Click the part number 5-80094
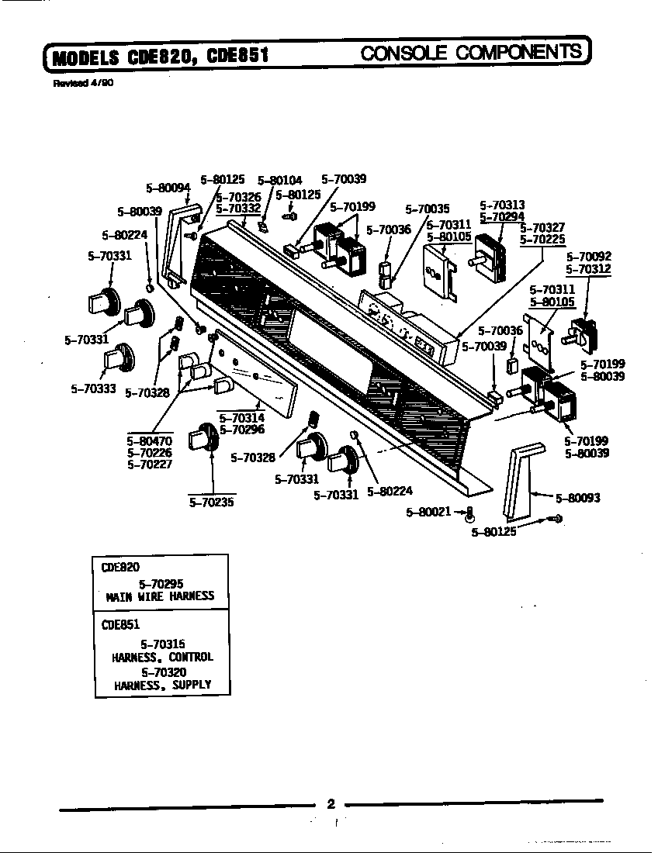(168, 187)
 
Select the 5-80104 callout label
(279, 180)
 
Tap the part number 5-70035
(427, 209)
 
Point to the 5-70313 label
(502, 205)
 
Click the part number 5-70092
(588, 257)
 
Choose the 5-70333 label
(93, 389)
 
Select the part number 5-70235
(212, 502)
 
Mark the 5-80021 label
(428, 512)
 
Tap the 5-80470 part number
(149, 441)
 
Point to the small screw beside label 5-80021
(469, 513)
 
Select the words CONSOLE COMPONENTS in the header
(472, 52)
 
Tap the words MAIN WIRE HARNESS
(161, 596)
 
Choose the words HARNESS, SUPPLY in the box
(161, 685)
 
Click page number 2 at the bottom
(330, 803)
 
